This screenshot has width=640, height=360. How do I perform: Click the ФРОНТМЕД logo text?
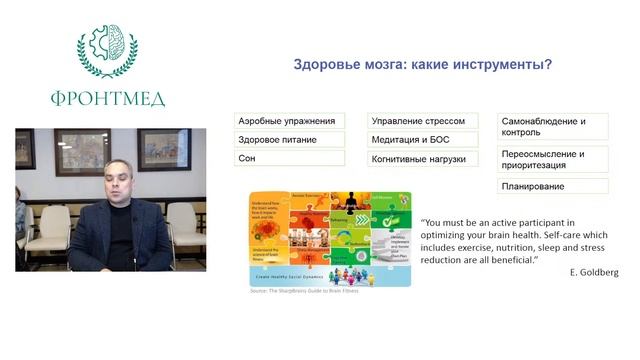click(x=108, y=98)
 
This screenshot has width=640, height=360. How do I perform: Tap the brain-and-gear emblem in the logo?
click(x=107, y=47)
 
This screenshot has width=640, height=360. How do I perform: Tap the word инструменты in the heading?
click(x=488, y=66)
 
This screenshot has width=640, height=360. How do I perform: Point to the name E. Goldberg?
click(x=593, y=272)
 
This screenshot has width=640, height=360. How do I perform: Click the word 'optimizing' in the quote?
click(x=452, y=235)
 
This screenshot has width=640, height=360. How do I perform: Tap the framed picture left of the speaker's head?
click(x=83, y=149)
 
